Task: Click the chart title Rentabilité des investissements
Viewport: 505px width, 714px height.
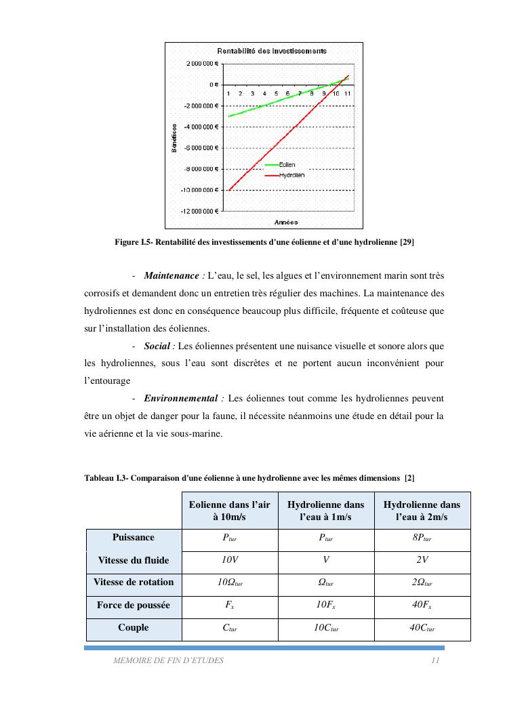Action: tap(271, 51)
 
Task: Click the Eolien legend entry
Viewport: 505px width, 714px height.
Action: tap(287, 165)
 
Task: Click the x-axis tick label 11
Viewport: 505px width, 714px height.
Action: tap(347, 93)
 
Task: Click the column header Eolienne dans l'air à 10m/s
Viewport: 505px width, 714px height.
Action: tap(229, 511)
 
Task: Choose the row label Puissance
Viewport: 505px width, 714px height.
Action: tap(134, 538)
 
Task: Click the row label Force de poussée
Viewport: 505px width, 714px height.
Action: tap(134, 605)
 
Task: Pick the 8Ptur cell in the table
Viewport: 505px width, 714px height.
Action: tap(422, 539)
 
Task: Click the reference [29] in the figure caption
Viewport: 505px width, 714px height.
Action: tap(407, 242)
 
